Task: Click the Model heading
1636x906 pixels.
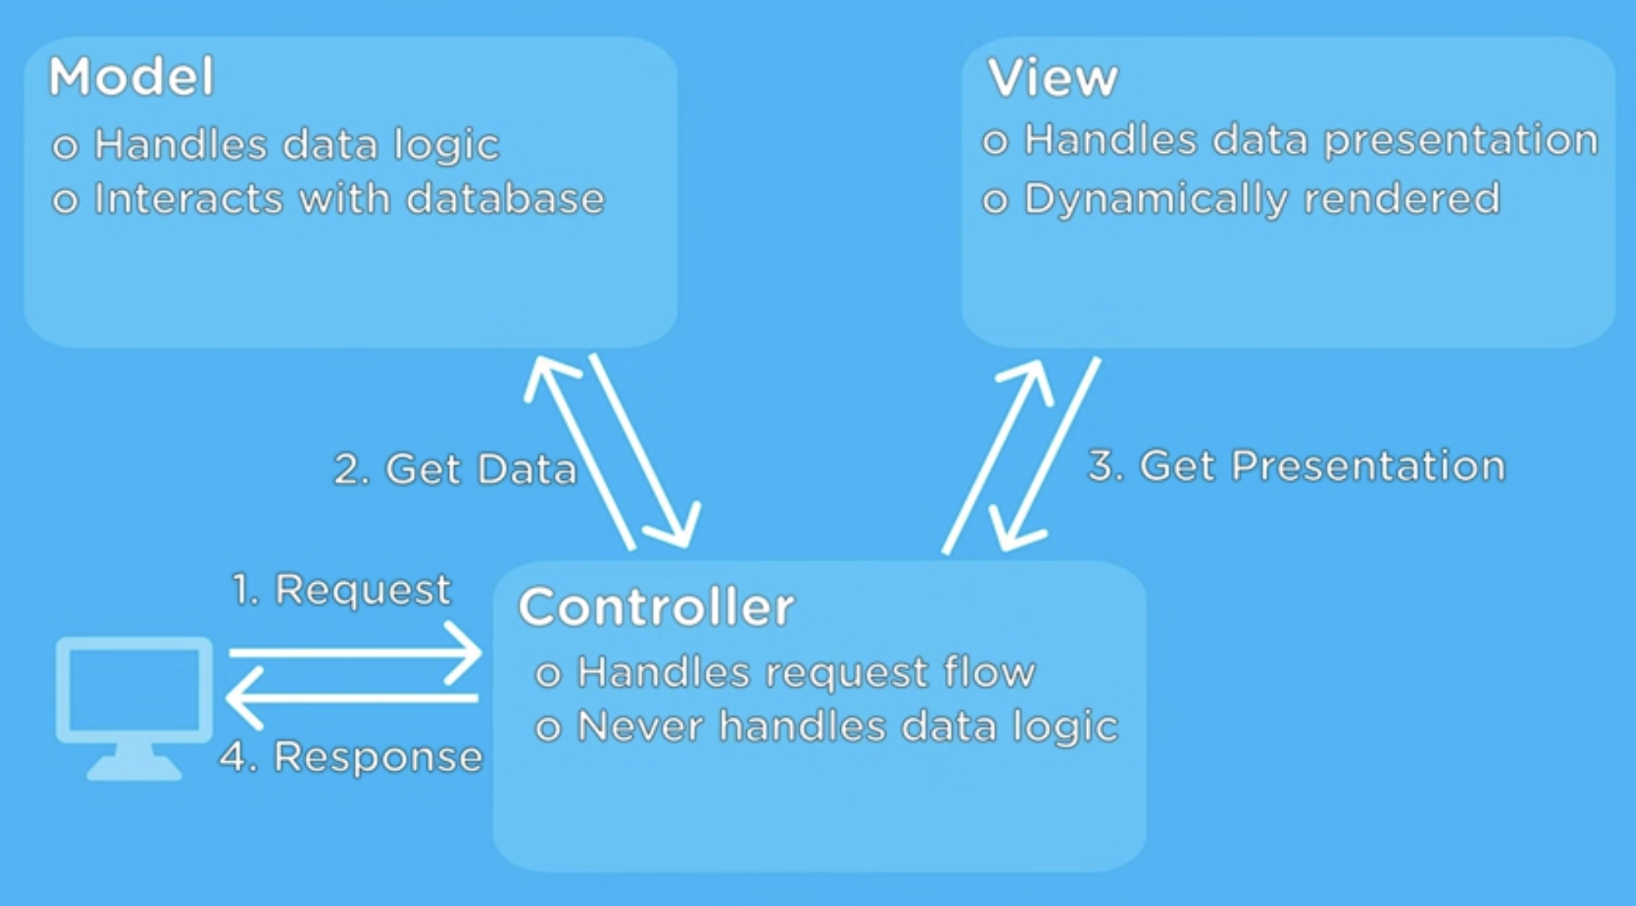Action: click(x=132, y=77)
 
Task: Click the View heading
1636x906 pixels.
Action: click(x=1052, y=78)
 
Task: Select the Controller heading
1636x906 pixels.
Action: click(x=656, y=608)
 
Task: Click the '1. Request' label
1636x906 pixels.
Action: click(x=341, y=589)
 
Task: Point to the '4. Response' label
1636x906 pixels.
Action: click(x=352, y=756)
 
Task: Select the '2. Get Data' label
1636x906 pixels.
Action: click(x=455, y=469)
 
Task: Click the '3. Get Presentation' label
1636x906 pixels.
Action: click(x=1297, y=466)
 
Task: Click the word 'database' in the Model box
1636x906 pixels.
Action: click(x=506, y=199)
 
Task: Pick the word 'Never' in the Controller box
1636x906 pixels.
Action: click(x=640, y=726)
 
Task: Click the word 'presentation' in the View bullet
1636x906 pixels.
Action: click(x=1461, y=140)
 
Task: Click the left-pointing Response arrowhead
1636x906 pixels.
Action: click(x=241, y=697)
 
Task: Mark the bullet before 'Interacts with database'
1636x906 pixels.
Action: click(x=65, y=200)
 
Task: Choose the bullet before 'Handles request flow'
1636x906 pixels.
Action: click(x=547, y=675)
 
